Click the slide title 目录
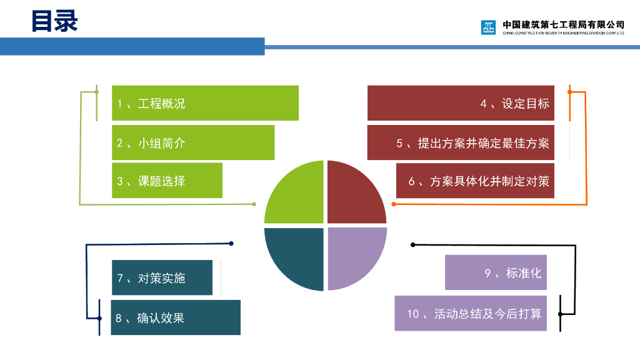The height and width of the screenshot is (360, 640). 54,21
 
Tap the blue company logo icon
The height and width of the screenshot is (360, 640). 488,27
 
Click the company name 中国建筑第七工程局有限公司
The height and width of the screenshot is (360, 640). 563,25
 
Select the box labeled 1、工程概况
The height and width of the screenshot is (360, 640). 205,103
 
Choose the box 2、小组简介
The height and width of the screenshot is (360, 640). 193,142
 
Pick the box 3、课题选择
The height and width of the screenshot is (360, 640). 167,181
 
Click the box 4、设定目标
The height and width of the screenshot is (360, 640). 461,103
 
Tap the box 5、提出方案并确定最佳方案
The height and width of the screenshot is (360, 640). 461,142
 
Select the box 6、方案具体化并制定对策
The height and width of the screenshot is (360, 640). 475,181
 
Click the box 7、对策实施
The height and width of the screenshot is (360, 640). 162,277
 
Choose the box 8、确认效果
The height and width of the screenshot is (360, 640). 176,317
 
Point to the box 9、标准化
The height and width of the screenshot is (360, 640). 496,272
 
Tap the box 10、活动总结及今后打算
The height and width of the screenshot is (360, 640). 471,313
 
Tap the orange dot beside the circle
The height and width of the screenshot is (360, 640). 394,204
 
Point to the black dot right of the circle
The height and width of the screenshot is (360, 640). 412,244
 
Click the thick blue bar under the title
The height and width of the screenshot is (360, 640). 132,46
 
